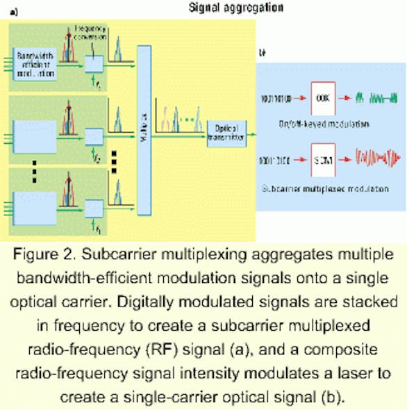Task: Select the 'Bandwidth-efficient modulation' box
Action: [35, 68]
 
